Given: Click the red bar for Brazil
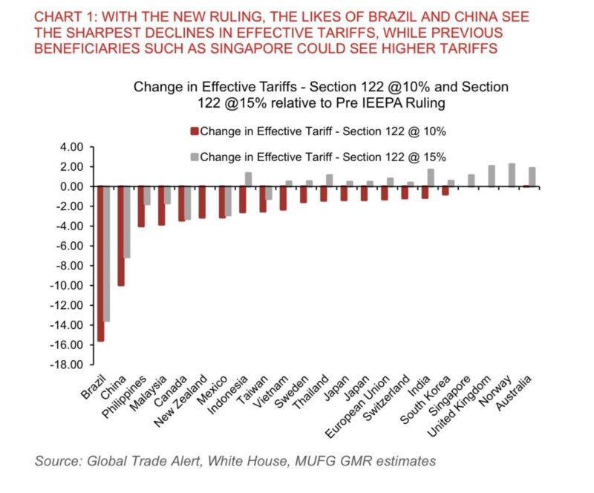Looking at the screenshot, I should [x=100, y=264].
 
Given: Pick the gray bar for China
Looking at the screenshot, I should [x=127, y=222].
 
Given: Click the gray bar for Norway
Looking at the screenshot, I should [x=512, y=175].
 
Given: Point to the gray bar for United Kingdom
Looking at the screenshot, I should [x=492, y=176].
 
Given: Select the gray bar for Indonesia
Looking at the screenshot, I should [x=248, y=179].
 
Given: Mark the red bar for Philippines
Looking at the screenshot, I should [x=141, y=206].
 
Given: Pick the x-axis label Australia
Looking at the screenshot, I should [x=516, y=402].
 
